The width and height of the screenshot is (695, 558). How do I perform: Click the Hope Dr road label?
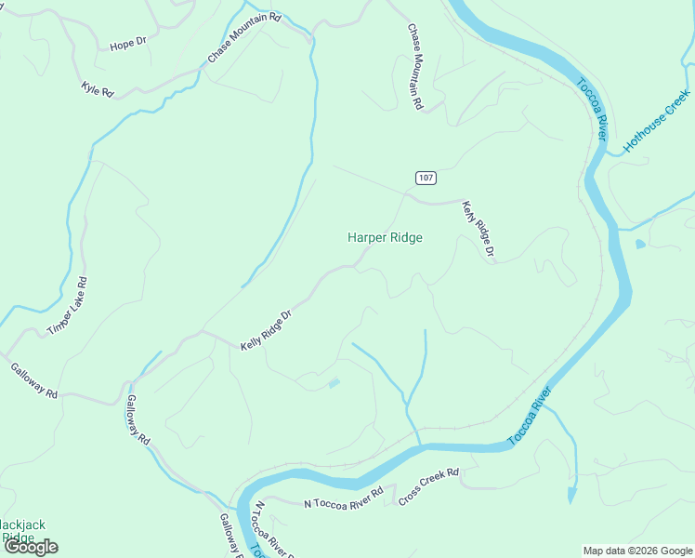[128, 44]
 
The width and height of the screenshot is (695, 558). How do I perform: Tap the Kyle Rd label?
[97, 90]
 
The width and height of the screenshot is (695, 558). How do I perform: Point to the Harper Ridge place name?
[385, 237]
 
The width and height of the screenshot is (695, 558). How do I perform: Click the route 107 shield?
[425, 178]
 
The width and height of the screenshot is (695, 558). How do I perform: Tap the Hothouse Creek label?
[656, 121]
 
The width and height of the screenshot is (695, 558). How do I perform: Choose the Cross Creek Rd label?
[428, 487]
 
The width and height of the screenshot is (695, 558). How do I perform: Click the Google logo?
[31, 546]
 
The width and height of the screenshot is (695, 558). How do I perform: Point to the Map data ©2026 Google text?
[636, 551]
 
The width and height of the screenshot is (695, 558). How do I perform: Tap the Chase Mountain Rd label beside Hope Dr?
[243, 38]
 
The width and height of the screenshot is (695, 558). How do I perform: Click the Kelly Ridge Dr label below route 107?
[478, 230]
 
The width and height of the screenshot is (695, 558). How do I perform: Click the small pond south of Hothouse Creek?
[640, 245]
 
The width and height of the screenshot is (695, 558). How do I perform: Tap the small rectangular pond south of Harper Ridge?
[334, 382]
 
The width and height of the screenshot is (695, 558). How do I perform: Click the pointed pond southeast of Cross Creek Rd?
[571, 494]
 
